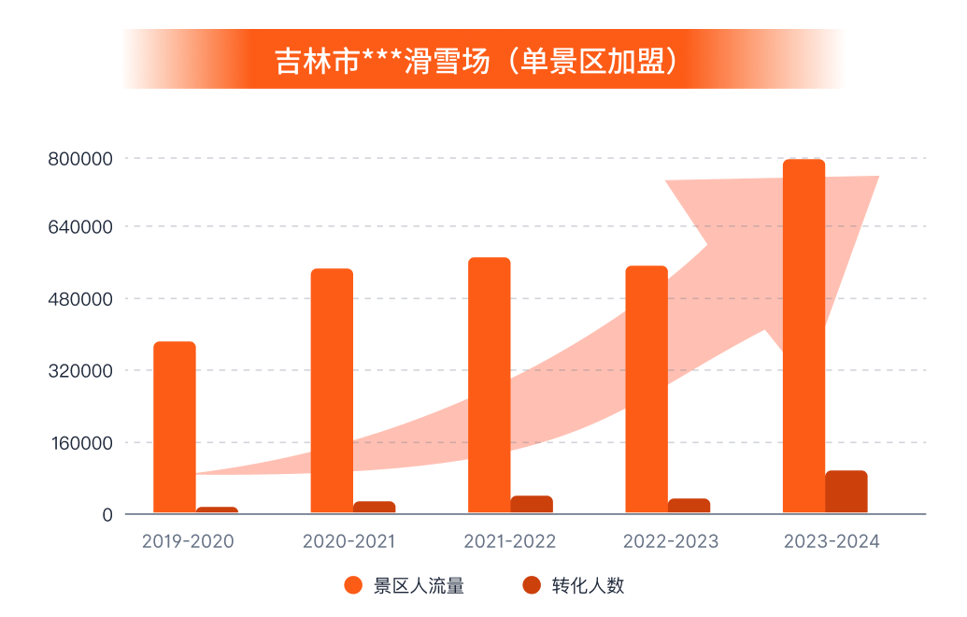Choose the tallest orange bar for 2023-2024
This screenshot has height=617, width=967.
coord(803,337)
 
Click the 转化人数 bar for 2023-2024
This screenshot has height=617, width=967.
coord(846,492)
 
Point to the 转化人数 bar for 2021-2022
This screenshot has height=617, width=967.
coord(531,504)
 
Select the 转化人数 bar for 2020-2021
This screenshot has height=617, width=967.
coord(374,507)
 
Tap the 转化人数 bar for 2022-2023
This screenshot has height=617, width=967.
coord(689,506)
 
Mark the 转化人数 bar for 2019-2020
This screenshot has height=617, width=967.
coord(217,509)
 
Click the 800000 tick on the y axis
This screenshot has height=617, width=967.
coord(80,159)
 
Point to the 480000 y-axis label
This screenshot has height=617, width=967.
coord(80,299)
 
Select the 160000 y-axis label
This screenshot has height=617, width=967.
coord(80,443)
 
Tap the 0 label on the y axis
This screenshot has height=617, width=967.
coord(107,515)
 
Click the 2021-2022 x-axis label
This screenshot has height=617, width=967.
coord(509,541)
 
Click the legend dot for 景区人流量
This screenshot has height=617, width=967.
coord(353,586)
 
